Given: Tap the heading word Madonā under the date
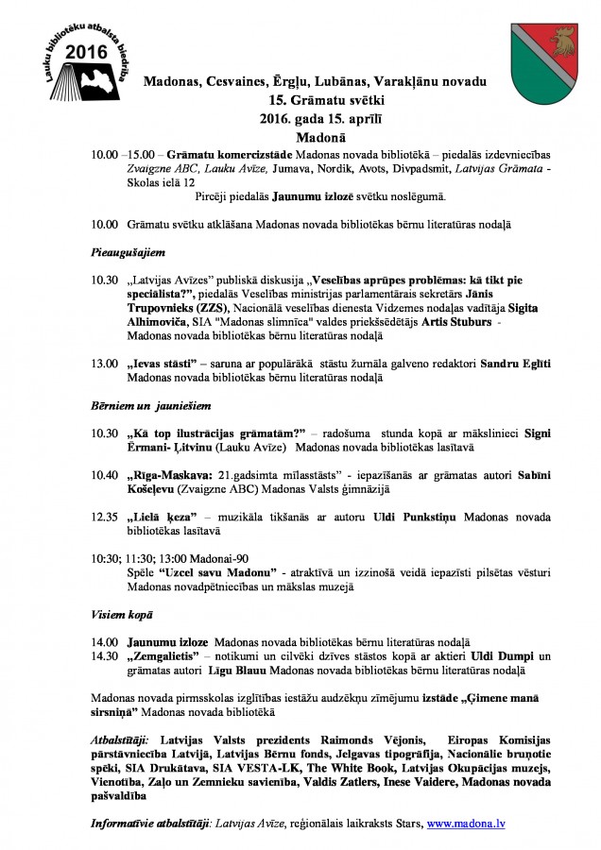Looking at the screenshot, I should pyautogui.click(x=301, y=134).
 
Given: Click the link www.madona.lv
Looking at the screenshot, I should pyautogui.click(x=466, y=824).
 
